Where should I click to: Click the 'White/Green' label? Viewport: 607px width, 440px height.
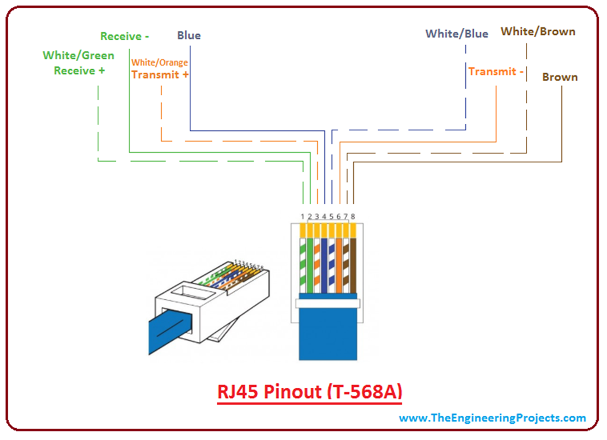78,56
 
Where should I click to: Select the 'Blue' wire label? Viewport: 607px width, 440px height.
189,36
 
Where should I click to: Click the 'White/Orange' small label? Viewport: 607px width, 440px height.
159,63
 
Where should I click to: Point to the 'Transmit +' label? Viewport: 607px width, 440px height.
160,75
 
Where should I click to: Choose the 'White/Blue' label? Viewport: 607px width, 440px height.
456,34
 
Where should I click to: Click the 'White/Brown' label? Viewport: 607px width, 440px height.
538,31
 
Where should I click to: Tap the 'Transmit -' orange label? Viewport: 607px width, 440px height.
496,72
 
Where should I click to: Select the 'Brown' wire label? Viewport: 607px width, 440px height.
560,77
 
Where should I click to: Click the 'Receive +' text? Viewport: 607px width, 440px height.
79,70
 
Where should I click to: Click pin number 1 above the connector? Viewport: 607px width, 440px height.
302,217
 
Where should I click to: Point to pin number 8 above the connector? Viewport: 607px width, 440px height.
353,217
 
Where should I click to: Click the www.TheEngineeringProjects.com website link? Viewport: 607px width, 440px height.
492,417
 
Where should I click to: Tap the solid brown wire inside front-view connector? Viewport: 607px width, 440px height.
353,264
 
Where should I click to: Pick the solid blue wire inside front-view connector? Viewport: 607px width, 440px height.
324,264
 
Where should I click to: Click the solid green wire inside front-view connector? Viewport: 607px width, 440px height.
309,264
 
